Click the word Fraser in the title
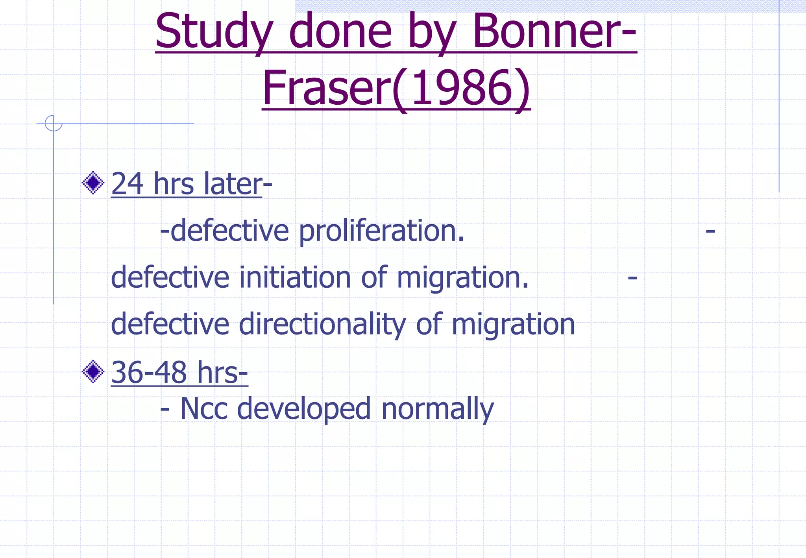[326, 88]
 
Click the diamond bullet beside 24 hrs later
[93, 183]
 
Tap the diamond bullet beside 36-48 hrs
[93, 371]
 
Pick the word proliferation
[381, 231]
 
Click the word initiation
[294, 277]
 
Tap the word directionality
[322, 324]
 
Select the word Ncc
[204, 409]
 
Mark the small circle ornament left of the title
[54, 123]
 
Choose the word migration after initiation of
[462, 278]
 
